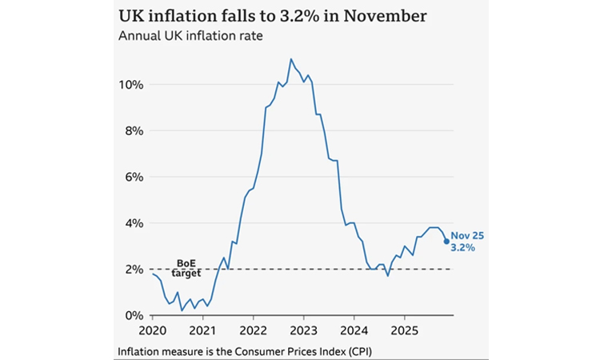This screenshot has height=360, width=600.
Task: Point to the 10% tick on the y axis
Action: click(x=131, y=85)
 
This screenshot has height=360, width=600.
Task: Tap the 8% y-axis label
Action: click(x=134, y=130)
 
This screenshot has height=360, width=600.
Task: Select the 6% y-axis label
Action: click(x=134, y=177)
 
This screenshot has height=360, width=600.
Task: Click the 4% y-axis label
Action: click(x=134, y=223)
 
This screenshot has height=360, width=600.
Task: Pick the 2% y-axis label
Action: click(x=134, y=270)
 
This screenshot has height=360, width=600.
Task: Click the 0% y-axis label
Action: click(x=134, y=316)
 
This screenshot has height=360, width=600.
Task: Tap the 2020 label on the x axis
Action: click(x=152, y=330)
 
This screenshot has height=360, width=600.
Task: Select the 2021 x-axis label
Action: click(x=202, y=330)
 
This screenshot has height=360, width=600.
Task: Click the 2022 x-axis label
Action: click(x=253, y=330)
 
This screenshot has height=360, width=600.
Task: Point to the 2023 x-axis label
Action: click(x=303, y=330)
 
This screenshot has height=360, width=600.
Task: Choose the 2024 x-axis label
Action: click(x=354, y=330)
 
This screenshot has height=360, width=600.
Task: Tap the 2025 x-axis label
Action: click(x=404, y=330)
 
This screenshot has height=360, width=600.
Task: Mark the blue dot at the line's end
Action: click(x=446, y=241)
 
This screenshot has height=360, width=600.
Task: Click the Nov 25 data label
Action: click(x=467, y=235)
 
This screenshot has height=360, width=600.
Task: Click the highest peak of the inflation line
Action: click(x=290, y=58)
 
